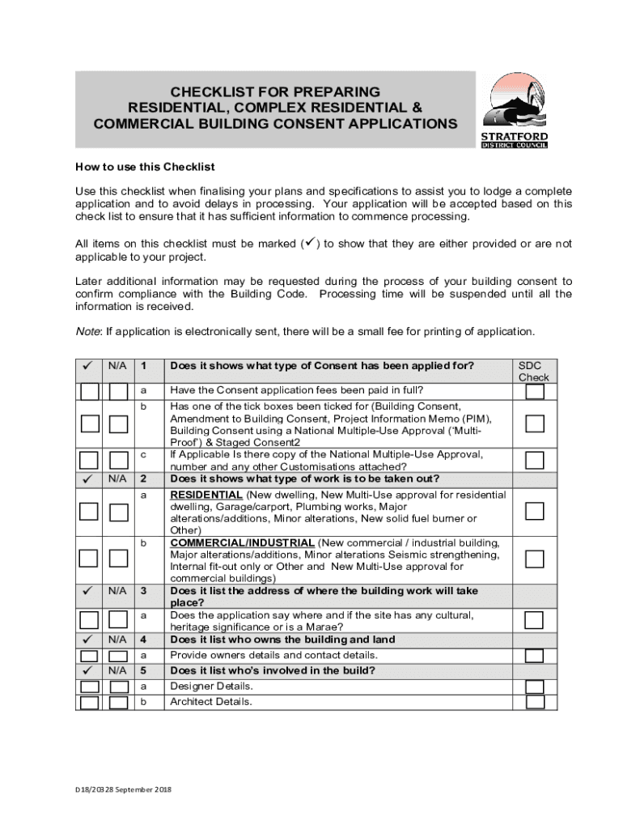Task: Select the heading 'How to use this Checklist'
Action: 145,167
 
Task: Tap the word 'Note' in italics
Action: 88,331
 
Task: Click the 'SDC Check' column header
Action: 533,371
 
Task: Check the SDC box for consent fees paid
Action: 534,391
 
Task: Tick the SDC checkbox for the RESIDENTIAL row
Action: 534,511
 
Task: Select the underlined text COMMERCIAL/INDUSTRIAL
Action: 242,542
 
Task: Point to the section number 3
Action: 143,591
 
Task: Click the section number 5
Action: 143,670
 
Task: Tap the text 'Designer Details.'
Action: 211,686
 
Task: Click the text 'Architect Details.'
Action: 210,702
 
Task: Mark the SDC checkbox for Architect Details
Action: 534,702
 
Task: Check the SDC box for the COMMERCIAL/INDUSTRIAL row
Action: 534,559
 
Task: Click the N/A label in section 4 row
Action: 117,640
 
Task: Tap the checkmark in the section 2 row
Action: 88,478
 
